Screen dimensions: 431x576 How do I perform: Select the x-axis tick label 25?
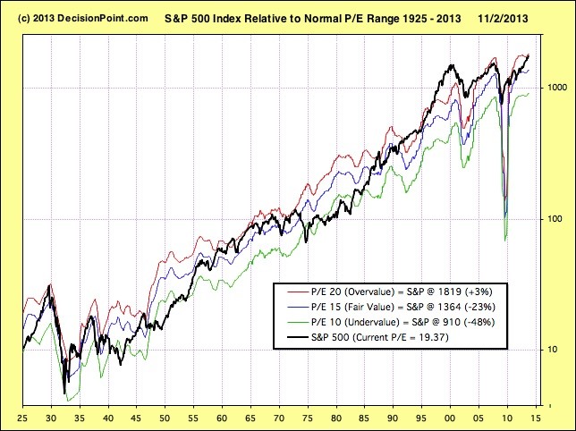21,418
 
